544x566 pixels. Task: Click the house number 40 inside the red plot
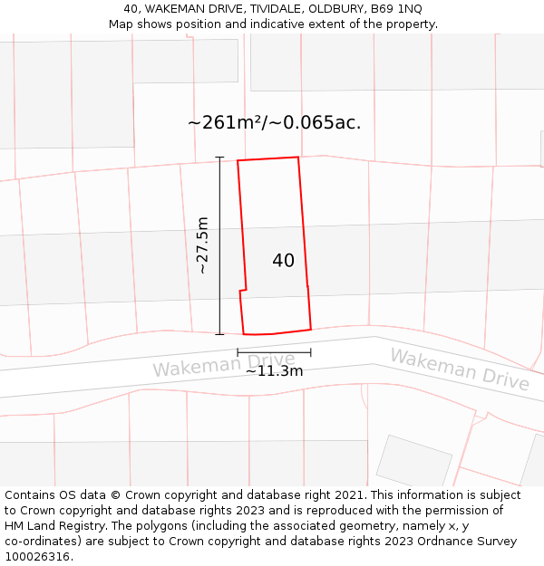tap(283, 261)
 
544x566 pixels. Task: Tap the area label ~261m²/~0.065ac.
tap(274, 122)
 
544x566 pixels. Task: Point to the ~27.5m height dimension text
tap(202, 245)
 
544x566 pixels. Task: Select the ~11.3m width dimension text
tap(274, 370)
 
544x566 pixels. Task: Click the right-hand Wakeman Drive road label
tap(460, 369)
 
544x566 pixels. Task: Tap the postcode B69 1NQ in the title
tap(395, 9)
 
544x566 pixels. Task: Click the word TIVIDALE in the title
tap(277, 9)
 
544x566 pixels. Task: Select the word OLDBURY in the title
tap(336, 9)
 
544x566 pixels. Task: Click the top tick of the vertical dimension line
tap(219, 158)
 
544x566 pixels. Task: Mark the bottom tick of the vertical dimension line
tap(219, 334)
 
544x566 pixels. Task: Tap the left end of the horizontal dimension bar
tap(238, 352)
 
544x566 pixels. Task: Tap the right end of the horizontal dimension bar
tap(311, 352)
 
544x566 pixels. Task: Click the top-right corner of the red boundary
tap(298, 158)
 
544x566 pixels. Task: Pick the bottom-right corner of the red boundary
tap(311, 329)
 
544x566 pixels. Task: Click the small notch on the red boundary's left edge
tap(242, 291)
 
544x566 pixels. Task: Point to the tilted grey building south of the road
tap(413, 461)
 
